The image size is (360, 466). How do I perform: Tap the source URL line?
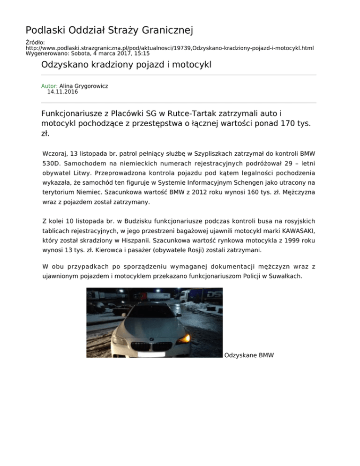(169, 48)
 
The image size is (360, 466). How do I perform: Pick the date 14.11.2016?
(62, 92)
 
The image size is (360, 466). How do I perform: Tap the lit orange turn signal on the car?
(186, 337)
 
